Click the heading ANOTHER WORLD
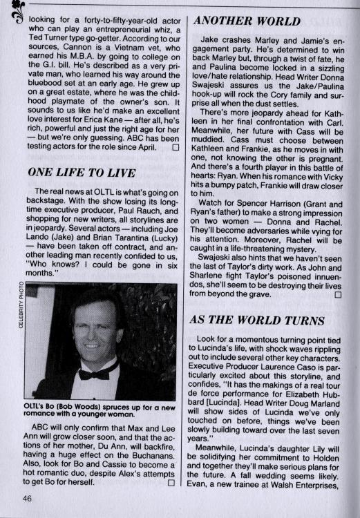tap(243, 21)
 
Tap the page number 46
tap(28, 499)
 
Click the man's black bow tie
tap(94, 373)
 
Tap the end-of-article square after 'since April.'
tap(175, 146)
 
